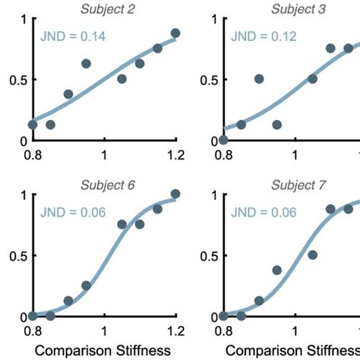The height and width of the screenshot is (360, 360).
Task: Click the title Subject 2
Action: click(104, 8)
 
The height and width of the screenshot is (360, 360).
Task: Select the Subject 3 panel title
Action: click(294, 8)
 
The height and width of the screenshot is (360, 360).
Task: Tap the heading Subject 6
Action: click(104, 184)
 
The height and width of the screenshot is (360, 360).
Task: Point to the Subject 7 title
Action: click(294, 184)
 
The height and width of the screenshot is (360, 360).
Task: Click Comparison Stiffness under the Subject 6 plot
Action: click(104, 351)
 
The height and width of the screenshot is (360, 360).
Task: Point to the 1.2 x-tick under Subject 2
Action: click(175, 157)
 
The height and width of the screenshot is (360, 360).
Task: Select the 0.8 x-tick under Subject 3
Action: click(223, 157)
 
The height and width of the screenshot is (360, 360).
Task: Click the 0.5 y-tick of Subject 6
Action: click(16, 255)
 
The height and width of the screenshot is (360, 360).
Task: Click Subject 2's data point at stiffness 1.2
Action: click(175, 33)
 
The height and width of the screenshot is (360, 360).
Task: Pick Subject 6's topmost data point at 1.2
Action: click(175, 194)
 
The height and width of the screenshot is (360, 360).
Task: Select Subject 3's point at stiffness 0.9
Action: click(259, 79)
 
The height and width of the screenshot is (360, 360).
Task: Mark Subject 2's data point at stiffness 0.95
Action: click(86, 64)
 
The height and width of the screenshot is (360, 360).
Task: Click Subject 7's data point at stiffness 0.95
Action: click(277, 270)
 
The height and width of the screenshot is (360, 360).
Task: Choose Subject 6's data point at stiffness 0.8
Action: click(33, 316)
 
